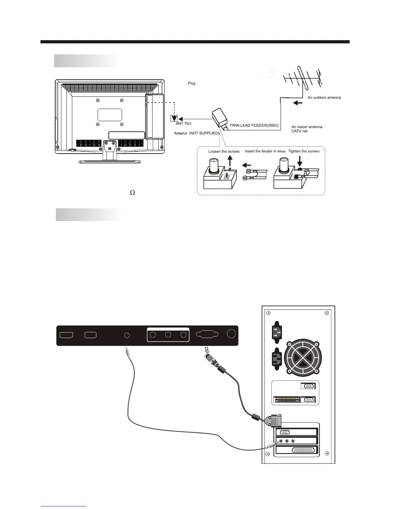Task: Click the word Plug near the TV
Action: tap(191, 84)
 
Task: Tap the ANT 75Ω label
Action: tap(184, 124)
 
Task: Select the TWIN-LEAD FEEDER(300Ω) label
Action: tap(254, 125)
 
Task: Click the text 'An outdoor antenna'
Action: tap(324, 97)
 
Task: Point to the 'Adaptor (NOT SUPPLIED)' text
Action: tap(197, 133)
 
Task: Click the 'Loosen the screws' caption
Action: tap(224, 152)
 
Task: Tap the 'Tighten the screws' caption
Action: tap(304, 151)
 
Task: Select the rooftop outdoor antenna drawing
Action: tap(302, 79)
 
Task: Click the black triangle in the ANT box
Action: tap(174, 119)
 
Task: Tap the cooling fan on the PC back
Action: tap(301, 357)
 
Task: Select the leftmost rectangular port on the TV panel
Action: tap(66, 335)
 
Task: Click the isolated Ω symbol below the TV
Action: tap(132, 192)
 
